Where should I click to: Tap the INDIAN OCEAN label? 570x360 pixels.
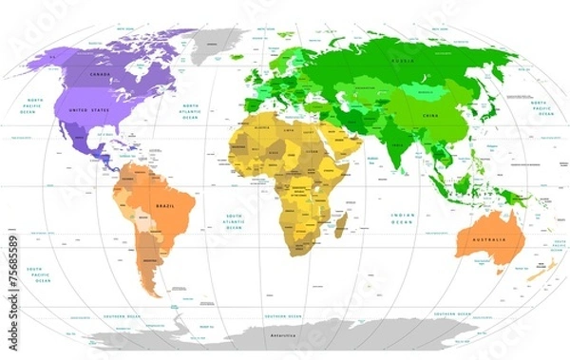[403, 219]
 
